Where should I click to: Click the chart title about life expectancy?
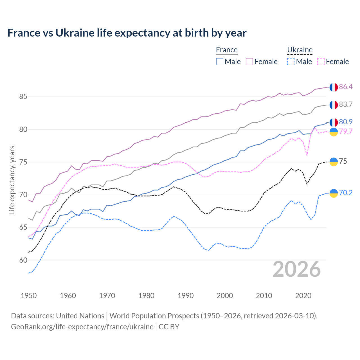pos(127,33)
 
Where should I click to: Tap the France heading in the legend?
pos(227,50)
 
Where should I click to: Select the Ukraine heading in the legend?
pos(300,50)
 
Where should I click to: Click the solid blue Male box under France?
pos(220,62)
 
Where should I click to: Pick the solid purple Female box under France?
pos(249,62)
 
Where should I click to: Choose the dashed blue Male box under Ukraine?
pos(291,62)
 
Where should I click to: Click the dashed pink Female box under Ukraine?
pos(321,62)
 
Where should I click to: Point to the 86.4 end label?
pos(346,87)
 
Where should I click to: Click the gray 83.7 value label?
pos(346,104)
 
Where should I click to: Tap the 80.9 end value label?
pos(346,122)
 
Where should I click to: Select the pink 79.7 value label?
pos(346,131)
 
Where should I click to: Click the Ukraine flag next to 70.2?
pos(334,193)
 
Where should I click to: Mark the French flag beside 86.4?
pos(334,87)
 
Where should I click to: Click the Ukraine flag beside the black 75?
pos(334,162)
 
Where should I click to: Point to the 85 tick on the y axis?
pos(23,97)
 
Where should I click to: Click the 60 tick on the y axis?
pos(23,260)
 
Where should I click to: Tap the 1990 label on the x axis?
pos(186,296)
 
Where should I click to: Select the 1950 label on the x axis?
pos(29,296)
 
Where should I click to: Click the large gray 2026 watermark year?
pos(296,269)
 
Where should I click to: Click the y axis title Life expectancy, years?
pos(12,180)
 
